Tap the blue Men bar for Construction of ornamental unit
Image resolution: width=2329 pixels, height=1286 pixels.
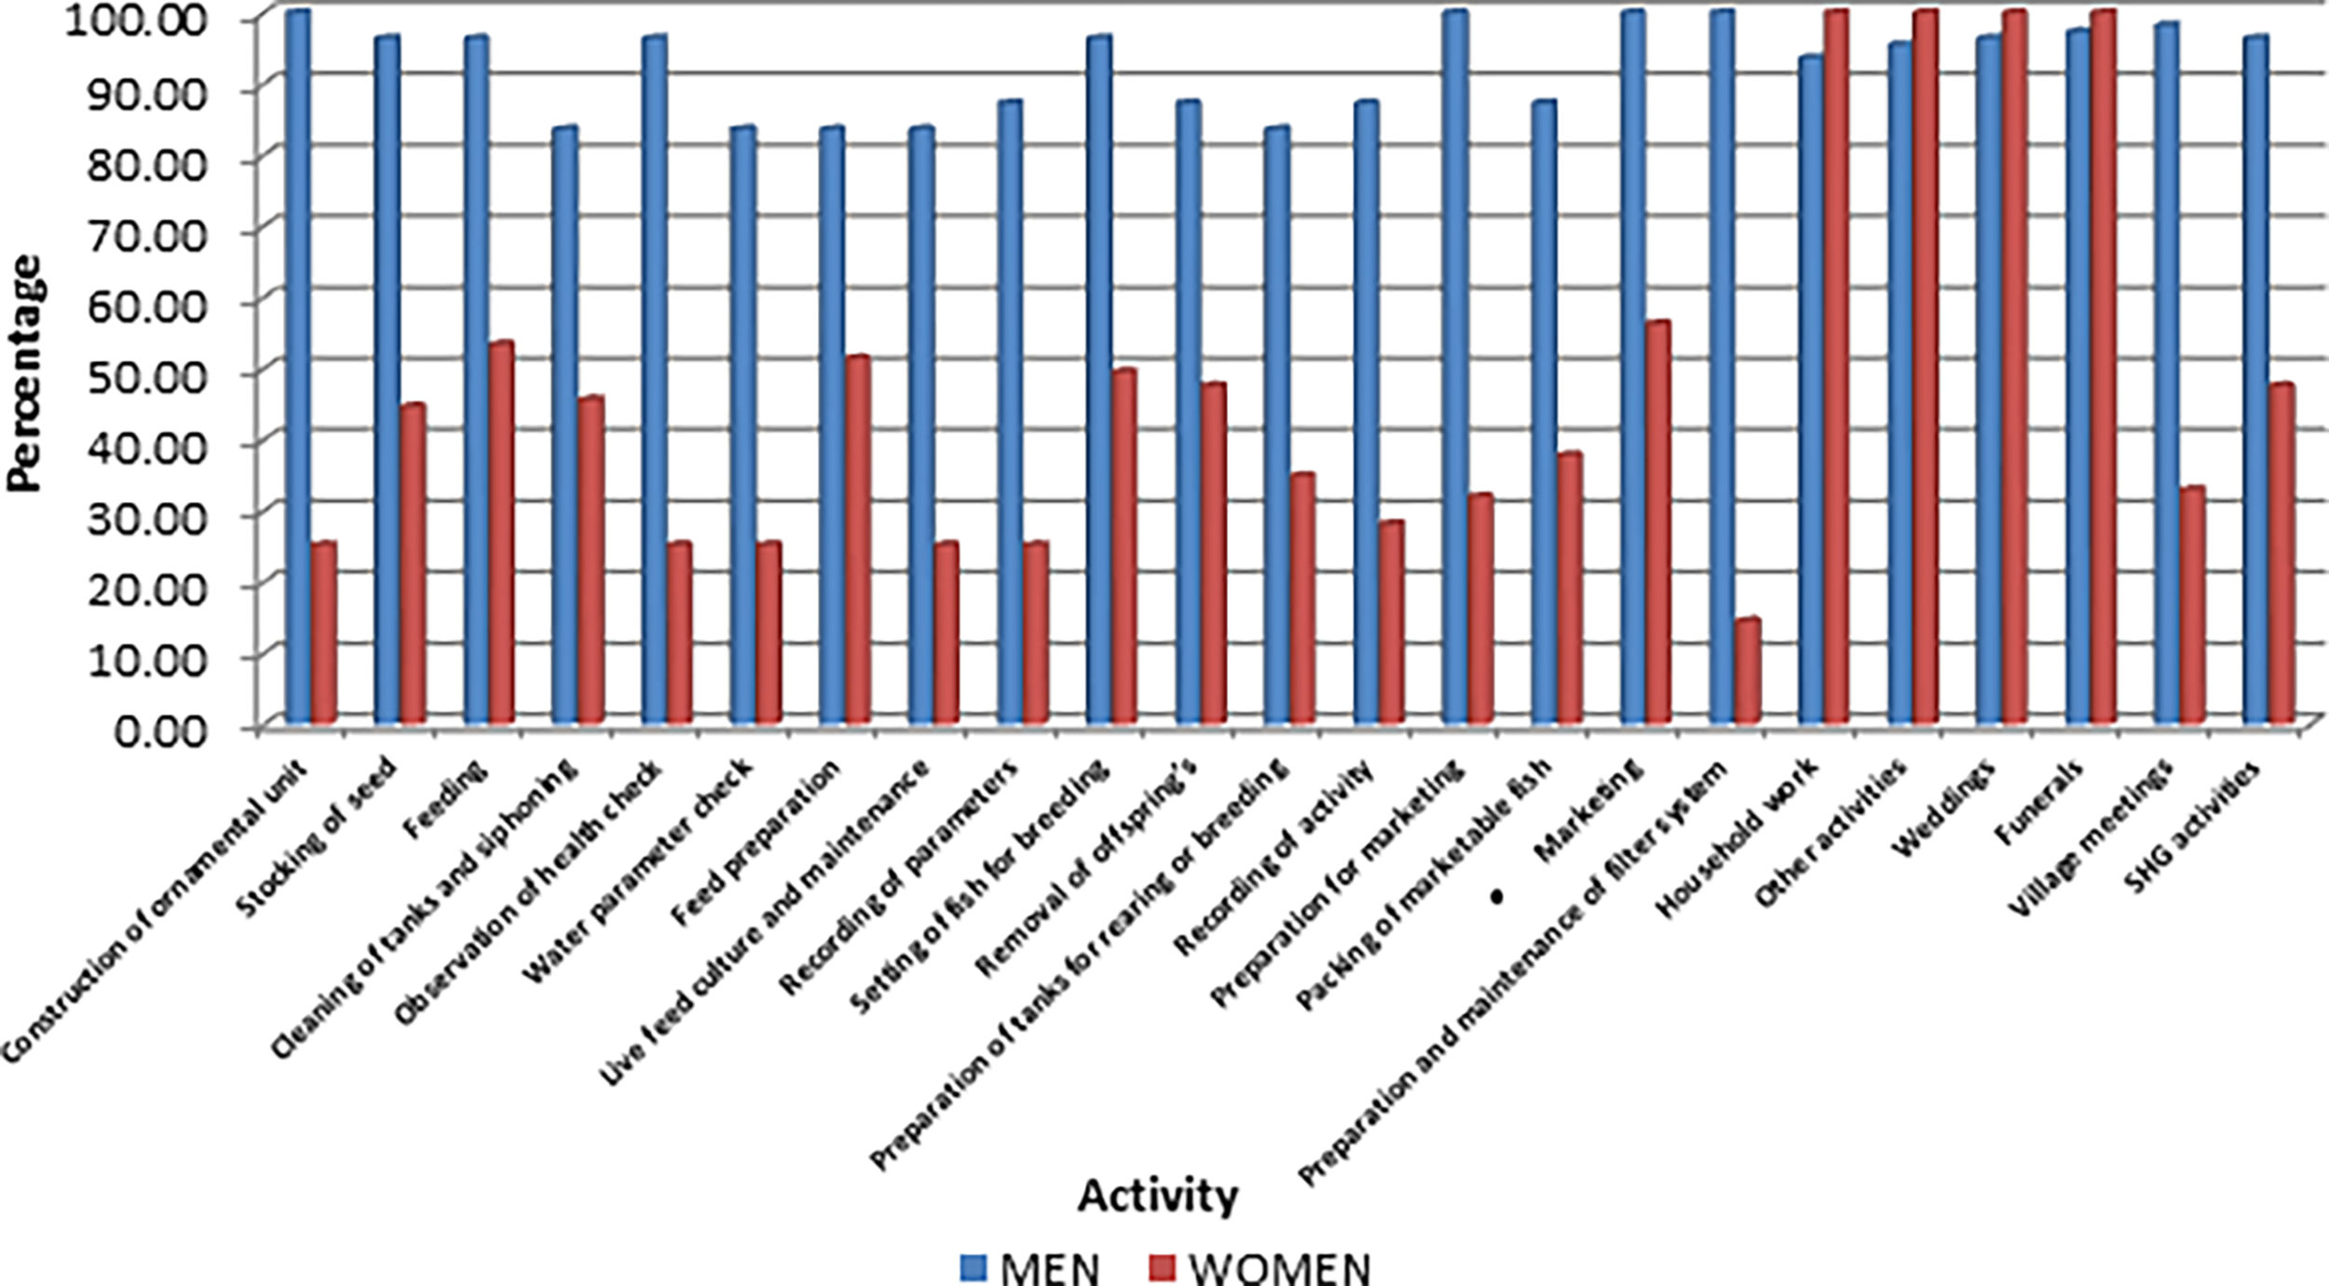(297, 368)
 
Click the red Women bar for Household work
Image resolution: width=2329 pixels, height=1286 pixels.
(1835, 368)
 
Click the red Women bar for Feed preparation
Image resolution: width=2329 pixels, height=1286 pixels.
(857, 540)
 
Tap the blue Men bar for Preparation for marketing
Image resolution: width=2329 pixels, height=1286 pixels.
(1454, 368)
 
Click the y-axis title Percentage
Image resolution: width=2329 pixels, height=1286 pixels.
(25, 372)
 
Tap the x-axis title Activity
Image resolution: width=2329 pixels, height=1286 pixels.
(1158, 1195)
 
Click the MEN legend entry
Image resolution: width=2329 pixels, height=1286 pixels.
(1030, 1267)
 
